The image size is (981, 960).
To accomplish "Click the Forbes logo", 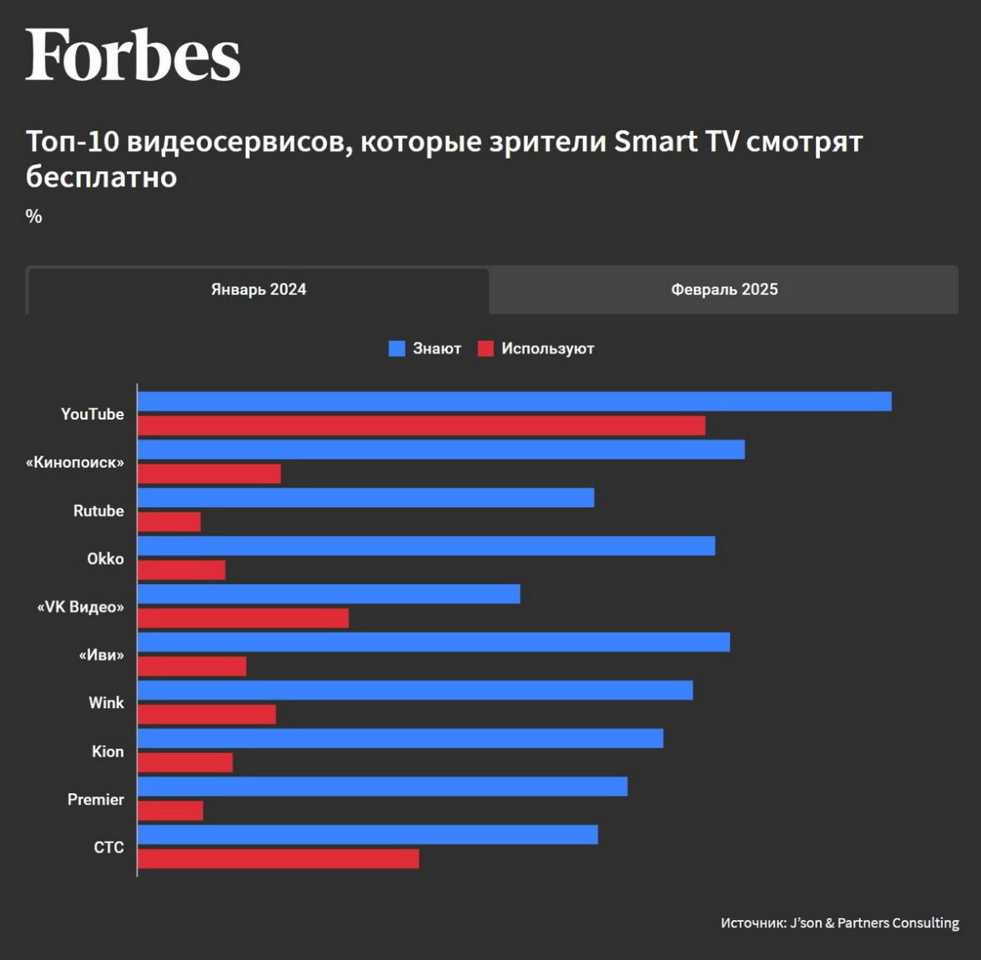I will point(133,55).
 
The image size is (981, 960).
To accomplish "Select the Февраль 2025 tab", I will point(724,289).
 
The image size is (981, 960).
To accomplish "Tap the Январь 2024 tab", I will point(259,289).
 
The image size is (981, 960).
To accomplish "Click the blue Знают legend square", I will point(397,349).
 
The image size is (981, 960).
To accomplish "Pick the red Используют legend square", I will point(485,349).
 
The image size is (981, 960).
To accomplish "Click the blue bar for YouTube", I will point(514,401).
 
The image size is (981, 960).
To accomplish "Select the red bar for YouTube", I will point(421,425).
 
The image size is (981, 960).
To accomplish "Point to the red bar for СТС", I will point(278,859).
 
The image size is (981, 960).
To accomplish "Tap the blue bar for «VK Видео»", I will point(329,594).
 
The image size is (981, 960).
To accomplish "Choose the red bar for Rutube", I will point(169,522).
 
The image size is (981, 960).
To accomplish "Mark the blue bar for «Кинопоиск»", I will point(440,450).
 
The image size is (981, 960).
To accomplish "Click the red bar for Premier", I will point(170,811).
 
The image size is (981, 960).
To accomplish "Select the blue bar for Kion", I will point(400,738).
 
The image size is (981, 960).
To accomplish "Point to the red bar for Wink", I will point(207,715).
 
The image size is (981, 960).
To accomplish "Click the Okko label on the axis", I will point(105,559).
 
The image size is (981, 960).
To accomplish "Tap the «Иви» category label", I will point(101,655).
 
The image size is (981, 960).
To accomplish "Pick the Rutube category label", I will point(98,510).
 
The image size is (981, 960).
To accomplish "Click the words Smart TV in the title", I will point(677,142).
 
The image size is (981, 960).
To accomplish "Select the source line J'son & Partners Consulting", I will point(839,922).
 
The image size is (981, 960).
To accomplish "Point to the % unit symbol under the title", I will point(33,216).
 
